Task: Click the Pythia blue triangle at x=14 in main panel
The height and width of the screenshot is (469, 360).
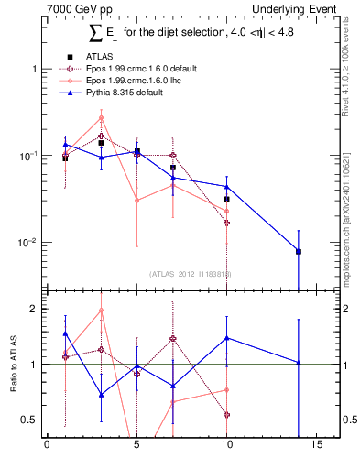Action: click(299, 250)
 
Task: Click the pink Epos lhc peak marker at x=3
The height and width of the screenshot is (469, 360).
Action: click(101, 117)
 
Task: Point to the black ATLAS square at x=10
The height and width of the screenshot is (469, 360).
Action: click(226, 199)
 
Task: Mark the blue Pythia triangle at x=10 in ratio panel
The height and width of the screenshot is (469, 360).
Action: click(226, 338)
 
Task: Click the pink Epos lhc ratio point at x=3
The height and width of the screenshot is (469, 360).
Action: click(101, 310)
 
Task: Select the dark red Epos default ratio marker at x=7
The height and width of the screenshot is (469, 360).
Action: click(172, 338)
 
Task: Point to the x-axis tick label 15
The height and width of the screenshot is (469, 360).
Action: click(316, 446)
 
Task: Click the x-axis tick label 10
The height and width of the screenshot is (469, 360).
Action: click(226, 446)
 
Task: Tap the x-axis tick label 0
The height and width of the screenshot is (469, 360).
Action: click(47, 446)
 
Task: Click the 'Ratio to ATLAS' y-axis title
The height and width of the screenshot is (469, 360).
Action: click(12, 366)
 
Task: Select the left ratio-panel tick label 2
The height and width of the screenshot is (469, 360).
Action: click(32, 309)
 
